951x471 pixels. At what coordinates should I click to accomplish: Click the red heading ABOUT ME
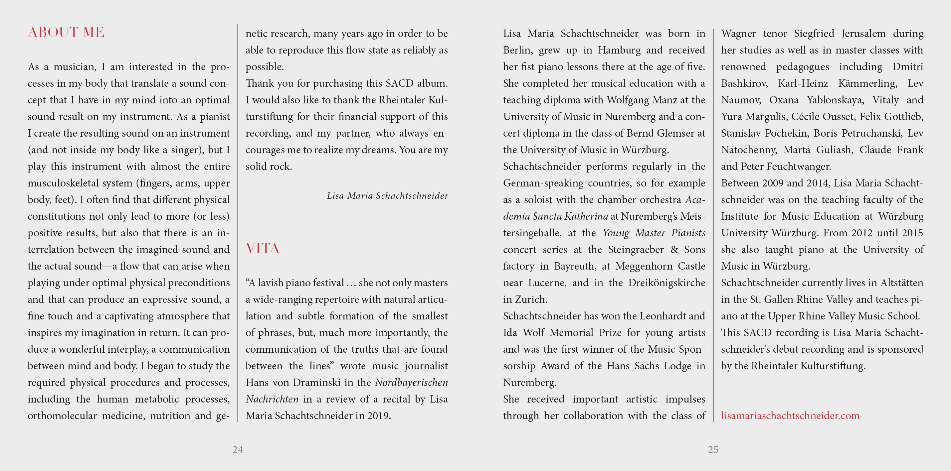[66, 33]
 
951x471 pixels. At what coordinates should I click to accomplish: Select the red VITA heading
[263, 248]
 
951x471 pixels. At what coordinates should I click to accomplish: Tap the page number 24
[238, 449]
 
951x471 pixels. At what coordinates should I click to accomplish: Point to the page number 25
[713, 449]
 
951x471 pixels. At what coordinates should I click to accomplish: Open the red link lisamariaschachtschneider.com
[790, 416]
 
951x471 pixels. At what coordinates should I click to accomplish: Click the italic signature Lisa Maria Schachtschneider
[387, 195]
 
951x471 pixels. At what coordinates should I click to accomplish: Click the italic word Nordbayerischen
[411, 383]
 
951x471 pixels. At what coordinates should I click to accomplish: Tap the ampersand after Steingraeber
[674, 250]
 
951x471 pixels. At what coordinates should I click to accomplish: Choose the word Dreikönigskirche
[666, 283]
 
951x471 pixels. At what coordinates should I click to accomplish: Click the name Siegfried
[814, 34]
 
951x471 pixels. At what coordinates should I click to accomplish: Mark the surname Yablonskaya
[835, 100]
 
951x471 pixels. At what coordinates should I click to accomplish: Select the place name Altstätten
[901, 283]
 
